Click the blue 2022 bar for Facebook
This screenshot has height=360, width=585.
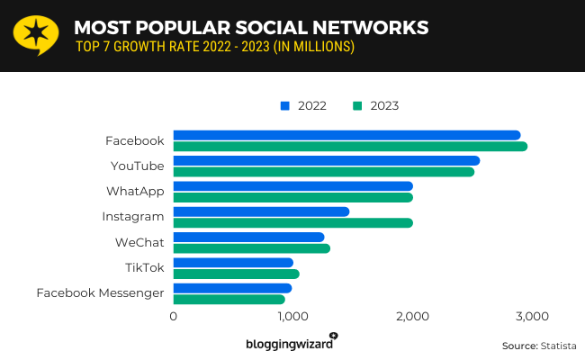tap(346, 135)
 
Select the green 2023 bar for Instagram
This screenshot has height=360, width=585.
tap(292, 222)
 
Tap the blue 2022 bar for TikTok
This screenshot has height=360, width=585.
tap(233, 263)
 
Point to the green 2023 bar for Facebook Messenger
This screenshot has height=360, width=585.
tap(229, 299)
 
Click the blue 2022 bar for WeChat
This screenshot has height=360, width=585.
tap(248, 238)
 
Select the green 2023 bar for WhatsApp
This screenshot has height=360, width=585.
tap(292, 197)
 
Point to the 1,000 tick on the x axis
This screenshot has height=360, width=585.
tap(292, 316)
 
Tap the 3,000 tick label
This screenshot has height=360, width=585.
tap(531, 316)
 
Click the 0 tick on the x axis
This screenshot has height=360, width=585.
tap(173, 316)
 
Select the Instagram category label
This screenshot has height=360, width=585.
tap(133, 216)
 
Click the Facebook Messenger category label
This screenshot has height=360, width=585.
tap(100, 292)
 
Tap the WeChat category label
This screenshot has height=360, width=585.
tap(139, 242)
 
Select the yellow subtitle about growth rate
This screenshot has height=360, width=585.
tap(213, 46)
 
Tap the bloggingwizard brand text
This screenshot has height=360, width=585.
tap(288, 344)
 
